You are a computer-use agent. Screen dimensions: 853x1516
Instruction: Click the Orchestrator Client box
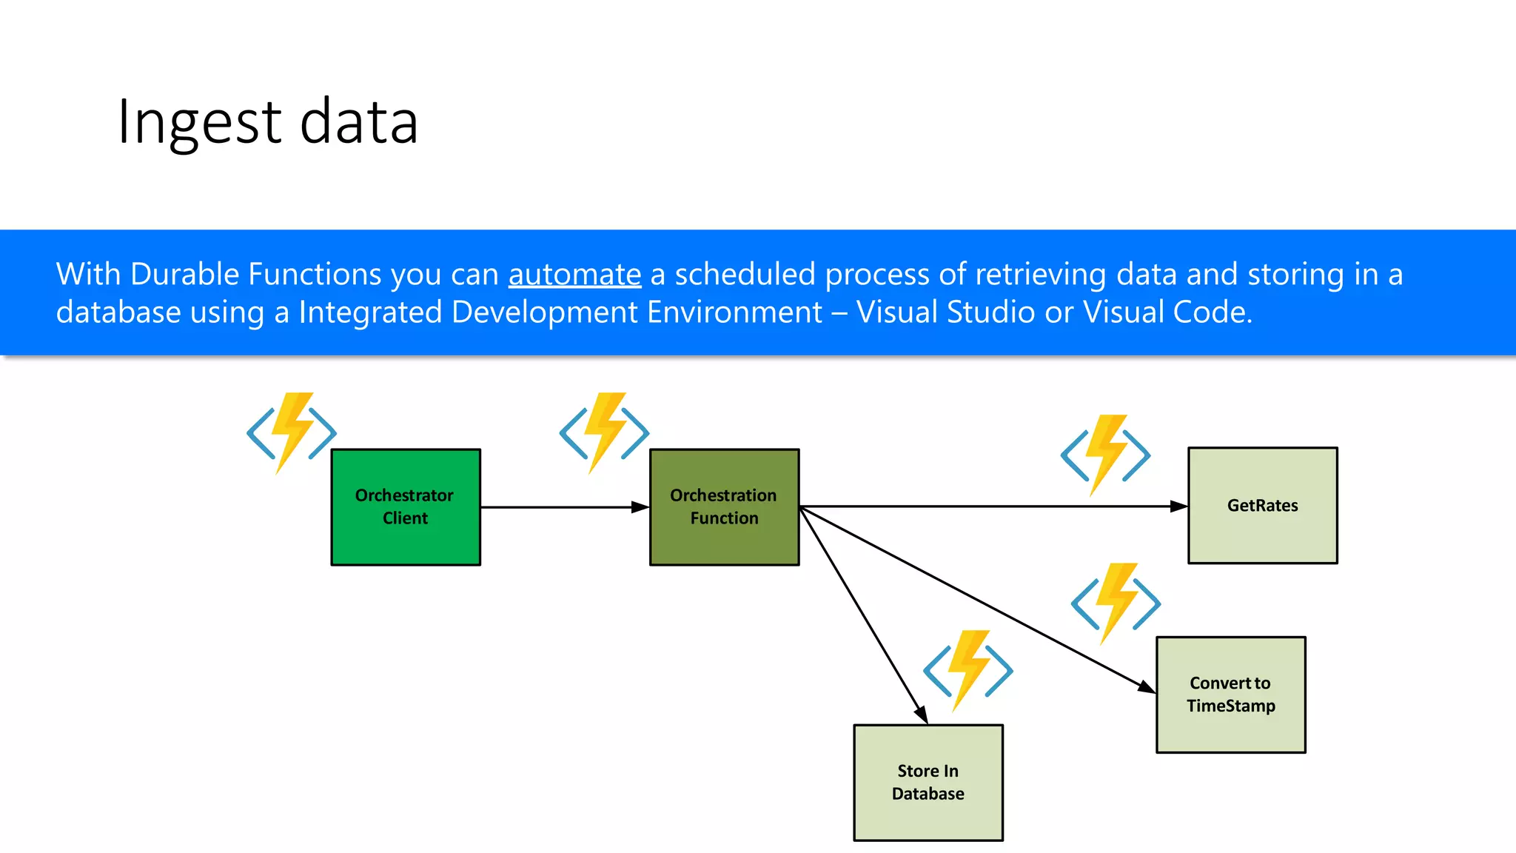click(406, 507)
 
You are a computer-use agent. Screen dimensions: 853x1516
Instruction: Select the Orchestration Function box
click(724, 507)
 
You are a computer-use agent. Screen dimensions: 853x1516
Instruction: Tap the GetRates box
click(1262, 506)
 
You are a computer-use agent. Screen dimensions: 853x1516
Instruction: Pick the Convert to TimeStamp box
click(1230, 695)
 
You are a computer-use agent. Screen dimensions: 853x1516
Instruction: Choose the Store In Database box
click(928, 783)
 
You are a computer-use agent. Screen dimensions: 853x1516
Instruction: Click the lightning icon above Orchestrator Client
click(292, 432)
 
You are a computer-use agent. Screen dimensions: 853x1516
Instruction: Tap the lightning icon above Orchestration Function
click(604, 432)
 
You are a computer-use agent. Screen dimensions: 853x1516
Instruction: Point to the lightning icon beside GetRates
click(1105, 455)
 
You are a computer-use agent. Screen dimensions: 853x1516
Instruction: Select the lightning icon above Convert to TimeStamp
click(1116, 603)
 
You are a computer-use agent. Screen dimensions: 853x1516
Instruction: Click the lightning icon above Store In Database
click(967, 670)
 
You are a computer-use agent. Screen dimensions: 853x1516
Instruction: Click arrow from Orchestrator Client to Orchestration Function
click(563, 507)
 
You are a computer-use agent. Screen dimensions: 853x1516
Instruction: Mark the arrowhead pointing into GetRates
click(1178, 506)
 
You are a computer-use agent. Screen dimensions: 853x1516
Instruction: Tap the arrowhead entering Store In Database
click(922, 715)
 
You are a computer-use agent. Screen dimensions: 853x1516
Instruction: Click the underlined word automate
click(574, 275)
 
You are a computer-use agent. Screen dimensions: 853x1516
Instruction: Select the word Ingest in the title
click(199, 122)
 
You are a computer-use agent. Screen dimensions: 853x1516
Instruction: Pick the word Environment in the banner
click(734, 312)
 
